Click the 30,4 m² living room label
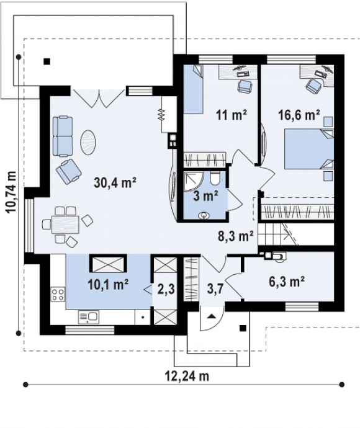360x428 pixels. click(x=115, y=182)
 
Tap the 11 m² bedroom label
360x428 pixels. click(x=232, y=115)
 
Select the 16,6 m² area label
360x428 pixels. click(x=299, y=115)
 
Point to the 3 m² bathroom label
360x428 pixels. click(x=205, y=196)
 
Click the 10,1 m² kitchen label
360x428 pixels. click(x=108, y=285)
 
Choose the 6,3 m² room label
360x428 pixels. click(x=287, y=282)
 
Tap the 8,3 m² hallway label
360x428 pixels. click(x=236, y=236)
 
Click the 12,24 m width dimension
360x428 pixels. click(x=187, y=376)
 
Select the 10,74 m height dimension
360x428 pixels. click(x=11, y=192)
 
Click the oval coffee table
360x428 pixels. click(x=88, y=143)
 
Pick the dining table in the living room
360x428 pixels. click(x=65, y=224)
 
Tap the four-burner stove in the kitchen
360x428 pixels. click(x=58, y=294)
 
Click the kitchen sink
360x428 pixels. click(x=89, y=317)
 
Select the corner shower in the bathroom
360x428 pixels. click(x=194, y=181)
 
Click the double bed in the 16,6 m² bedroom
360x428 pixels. click(x=309, y=149)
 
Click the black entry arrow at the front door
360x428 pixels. click(x=212, y=316)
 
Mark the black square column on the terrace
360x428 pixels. click(x=47, y=61)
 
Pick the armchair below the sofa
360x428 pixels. click(x=69, y=171)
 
